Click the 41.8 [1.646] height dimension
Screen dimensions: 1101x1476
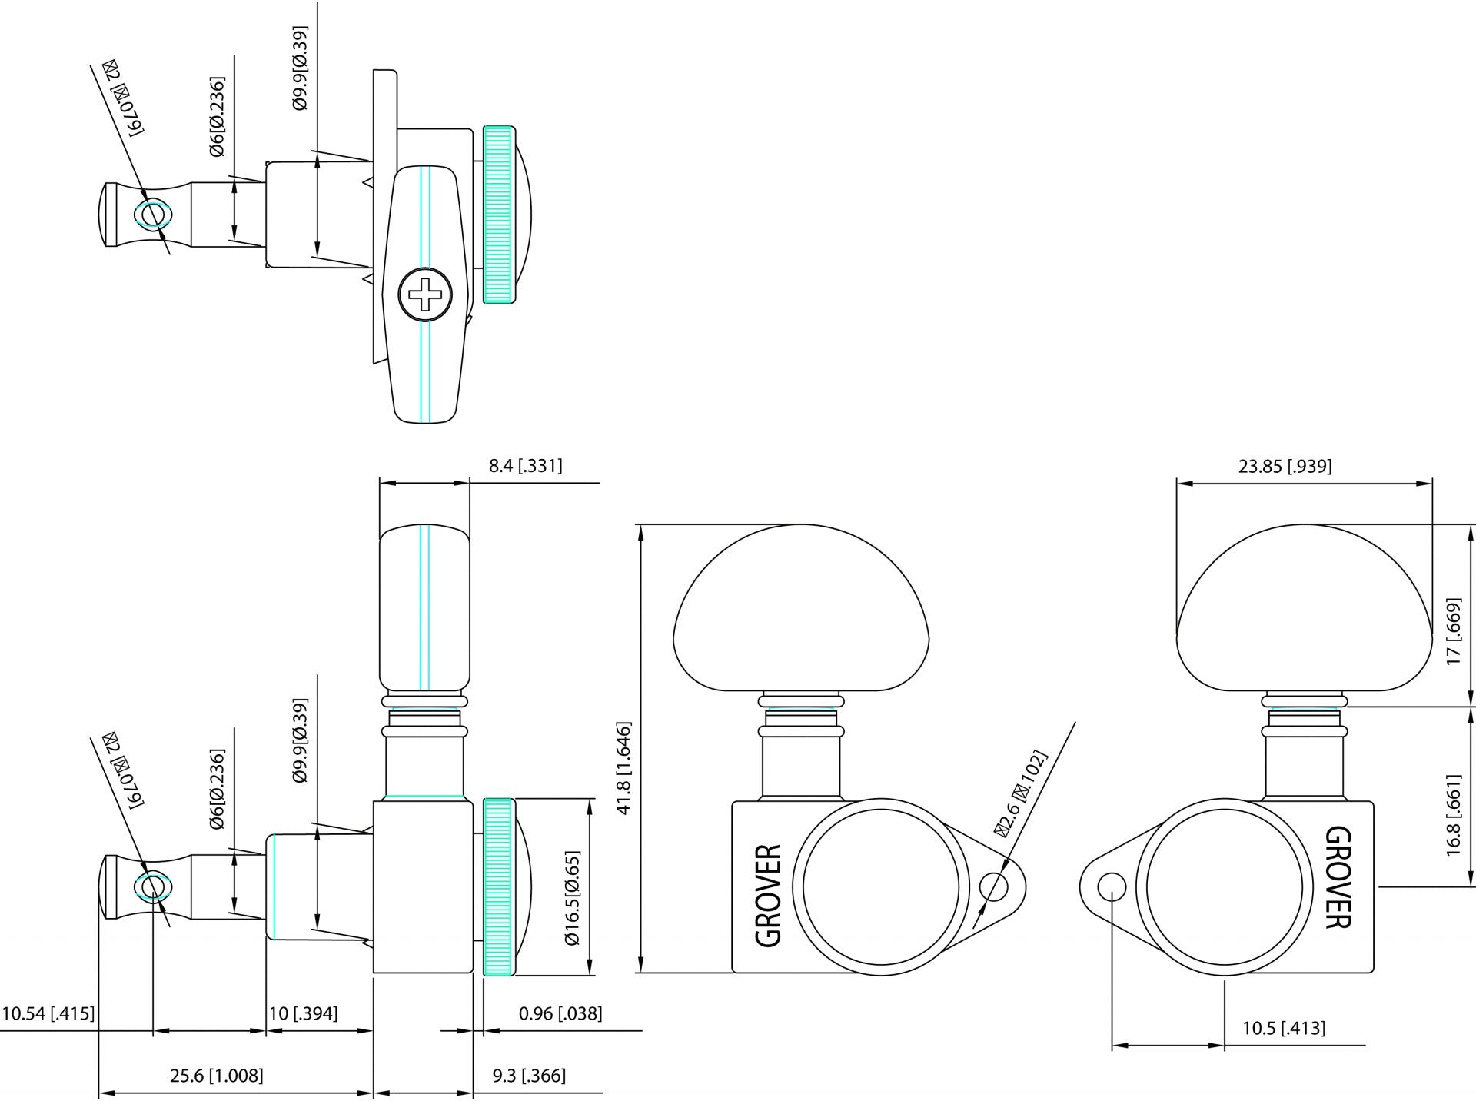pyautogui.click(x=623, y=768)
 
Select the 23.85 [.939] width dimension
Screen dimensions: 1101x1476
pyautogui.click(x=1285, y=466)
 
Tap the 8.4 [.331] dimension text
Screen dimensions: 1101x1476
pyautogui.click(x=526, y=466)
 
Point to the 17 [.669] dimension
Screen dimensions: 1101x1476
pyautogui.click(x=1453, y=632)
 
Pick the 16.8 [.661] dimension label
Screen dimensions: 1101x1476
pyautogui.click(x=1453, y=815)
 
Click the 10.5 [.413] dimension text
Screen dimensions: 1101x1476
pyautogui.click(x=1284, y=1028)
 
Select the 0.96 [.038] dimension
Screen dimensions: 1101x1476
pyautogui.click(x=560, y=1013)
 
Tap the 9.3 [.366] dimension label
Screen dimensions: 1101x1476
pyautogui.click(x=529, y=1076)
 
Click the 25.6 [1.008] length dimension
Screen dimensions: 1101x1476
pyautogui.click(x=217, y=1076)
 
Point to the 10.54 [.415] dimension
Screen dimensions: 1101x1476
pyautogui.click(x=48, y=1013)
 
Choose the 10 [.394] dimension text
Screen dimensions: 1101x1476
pyautogui.click(x=303, y=1013)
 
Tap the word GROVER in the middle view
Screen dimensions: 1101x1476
pyautogui.click(x=769, y=896)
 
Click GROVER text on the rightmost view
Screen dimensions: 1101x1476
pyautogui.click(x=1338, y=877)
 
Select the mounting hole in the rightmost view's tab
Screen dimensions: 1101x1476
pyautogui.click(x=1112, y=887)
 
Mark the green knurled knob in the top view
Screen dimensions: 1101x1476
pyautogui.click(x=498, y=215)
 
